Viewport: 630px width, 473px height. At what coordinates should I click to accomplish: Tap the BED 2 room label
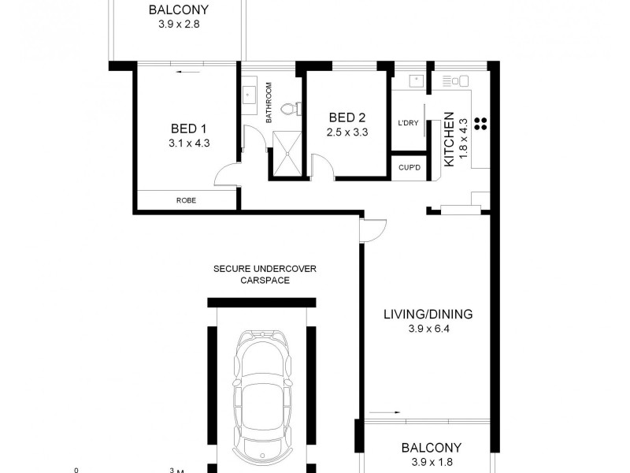pyautogui.click(x=347, y=118)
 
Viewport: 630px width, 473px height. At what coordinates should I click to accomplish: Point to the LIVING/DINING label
pyautogui.click(x=428, y=314)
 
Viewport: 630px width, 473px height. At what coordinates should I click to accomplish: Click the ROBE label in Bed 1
pyautogui.click(x=186, y=201)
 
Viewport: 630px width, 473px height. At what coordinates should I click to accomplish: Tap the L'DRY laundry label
pyautogui.click(x=407, y=122)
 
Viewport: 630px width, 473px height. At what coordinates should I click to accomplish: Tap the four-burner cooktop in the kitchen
pyautogui.click(x=482, y=122)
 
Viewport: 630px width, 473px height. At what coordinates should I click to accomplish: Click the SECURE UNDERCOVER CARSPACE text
pyautogui.click(x=265, y=274)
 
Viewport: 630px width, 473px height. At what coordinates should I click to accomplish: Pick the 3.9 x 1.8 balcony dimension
pyautogui.click(x=428, y=462)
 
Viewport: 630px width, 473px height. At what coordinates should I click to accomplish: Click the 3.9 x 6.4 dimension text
pyautogui.click(x=428, y=328)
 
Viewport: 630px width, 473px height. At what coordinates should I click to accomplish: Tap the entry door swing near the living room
pyautogui.click(x=372, y=229)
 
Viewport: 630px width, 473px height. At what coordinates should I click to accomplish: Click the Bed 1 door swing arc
pyautogui.click(x=228, y=173)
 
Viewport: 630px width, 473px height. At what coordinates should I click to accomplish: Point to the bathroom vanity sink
pyautogui.click(x=251, y=94)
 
